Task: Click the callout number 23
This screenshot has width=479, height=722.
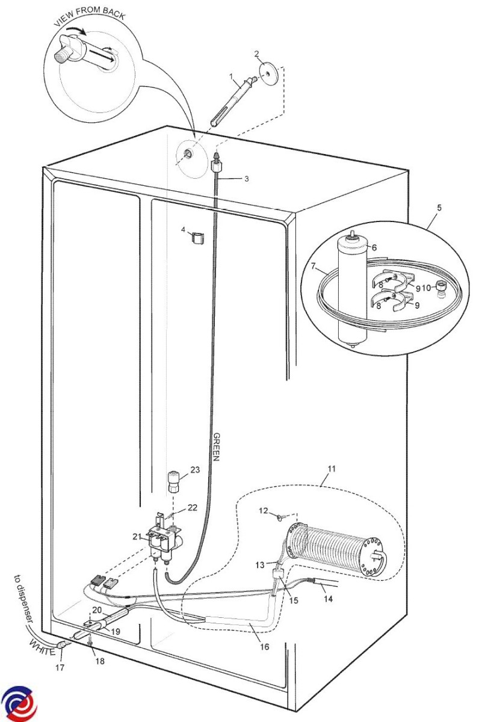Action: (x=195, y=470)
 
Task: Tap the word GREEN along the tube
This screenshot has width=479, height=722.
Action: (x=216, y=446)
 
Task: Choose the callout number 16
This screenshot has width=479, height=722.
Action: (x=264, y=647)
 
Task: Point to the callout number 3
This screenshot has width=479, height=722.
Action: (x=246, y=179)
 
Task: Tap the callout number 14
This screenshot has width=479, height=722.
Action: (x=328, y=599)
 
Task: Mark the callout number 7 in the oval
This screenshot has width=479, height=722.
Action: (x=314, y=267)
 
